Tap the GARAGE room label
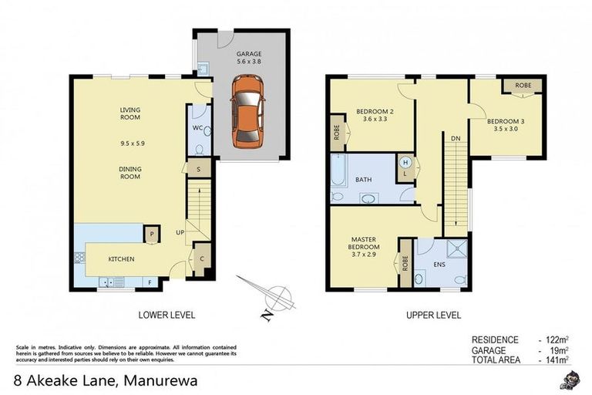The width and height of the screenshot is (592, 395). [247, 54]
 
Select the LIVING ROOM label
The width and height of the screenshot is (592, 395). [129, 114]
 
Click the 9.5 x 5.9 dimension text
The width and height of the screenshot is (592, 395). [129, 143]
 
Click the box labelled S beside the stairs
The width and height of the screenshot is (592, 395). [199, 169]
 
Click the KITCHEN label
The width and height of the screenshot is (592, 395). [122, 259]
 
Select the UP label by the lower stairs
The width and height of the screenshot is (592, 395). [179, 231]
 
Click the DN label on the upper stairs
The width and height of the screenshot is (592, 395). [456, 139]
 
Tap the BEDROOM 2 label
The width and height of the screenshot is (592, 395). [375, 112]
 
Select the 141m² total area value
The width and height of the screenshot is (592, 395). [553, 359]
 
